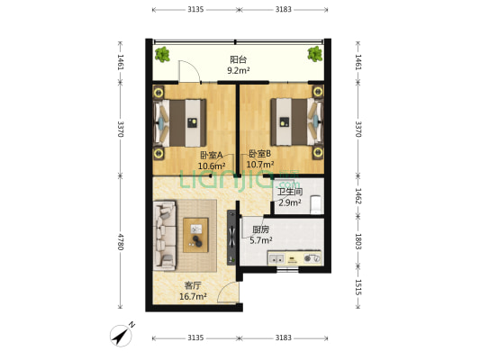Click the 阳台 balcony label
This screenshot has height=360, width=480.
tap(238, 59)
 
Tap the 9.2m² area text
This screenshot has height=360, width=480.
tap(238, 71)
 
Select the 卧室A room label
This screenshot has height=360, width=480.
tap(212, 156)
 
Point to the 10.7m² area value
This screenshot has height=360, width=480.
tap(260, 165)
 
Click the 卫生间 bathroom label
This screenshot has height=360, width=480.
tap(290, 192)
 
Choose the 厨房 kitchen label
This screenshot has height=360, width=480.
tap(260, 229)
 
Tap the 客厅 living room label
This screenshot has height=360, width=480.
tap(193, 285)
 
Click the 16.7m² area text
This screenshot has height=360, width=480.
tap(193, 296)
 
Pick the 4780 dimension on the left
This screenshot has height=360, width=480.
tap(121, 241)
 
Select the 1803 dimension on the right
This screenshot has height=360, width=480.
tap(358, 241)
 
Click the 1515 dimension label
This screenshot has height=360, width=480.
tap(358, 287)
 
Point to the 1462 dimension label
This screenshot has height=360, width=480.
tap(358, 196)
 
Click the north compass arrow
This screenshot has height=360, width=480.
tap(122, 335)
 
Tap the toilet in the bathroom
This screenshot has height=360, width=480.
tap(316, 204)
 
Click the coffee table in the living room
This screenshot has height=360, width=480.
tap(195, 235)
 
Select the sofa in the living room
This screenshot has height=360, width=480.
tap(165, 236)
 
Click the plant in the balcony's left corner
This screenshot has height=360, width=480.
tap(162, 54)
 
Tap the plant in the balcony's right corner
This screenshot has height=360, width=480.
tap(315, 54)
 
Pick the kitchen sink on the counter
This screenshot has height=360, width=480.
tap(276, 259)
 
